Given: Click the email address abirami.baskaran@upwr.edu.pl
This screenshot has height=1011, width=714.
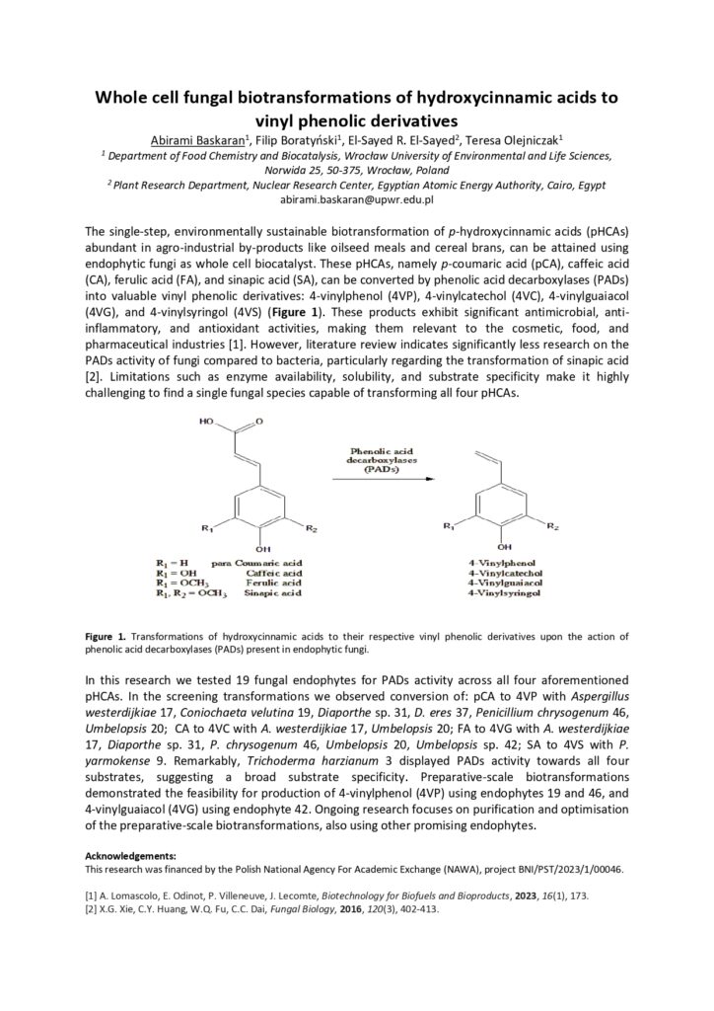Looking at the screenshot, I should click(357, 200).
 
